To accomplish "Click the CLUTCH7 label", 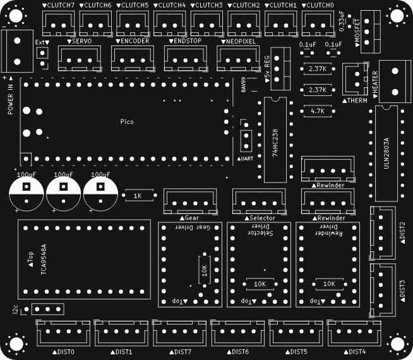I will pos(60,5).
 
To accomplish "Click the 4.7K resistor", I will pos(318,111).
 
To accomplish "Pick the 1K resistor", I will pos(138,196).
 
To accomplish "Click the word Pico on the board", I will pos(127,121).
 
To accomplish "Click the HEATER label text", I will pos(375,82).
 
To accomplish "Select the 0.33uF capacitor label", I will pos(342,20).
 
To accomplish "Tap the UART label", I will pos(246,159).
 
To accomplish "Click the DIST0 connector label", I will pos(64,352).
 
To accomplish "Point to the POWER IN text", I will pos(11,99).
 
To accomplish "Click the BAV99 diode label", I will pos(244,85).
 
